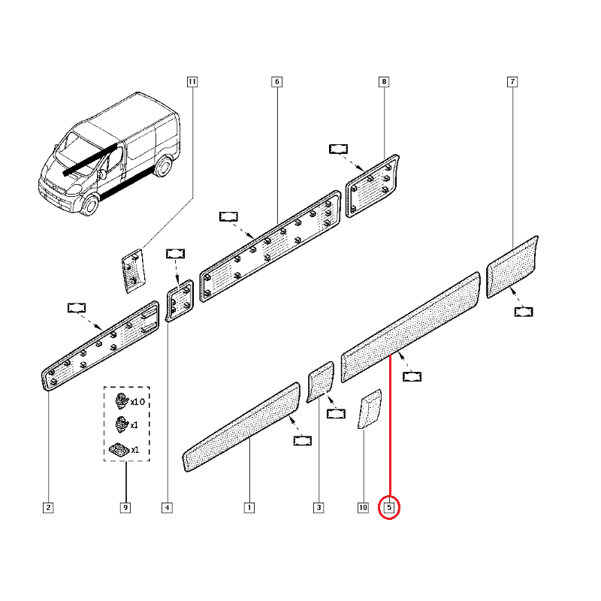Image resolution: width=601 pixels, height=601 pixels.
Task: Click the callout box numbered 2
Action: click(x=48, y=509)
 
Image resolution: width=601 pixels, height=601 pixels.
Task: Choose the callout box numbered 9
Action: click(x=125, y=509)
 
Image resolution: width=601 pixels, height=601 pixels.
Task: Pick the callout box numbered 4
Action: click(x=166, y=509)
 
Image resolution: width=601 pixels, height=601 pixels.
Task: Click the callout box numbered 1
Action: click(x=248, y=509)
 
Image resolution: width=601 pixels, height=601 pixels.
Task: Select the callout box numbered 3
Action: click(x=319, y=509)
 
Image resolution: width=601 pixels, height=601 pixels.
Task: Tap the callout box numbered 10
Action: click(x=363, y=509)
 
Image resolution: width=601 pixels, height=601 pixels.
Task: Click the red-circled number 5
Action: click(x=389, y=509)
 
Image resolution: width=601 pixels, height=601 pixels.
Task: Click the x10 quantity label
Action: click(x=136, y=402)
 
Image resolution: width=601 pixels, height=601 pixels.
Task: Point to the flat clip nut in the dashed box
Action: click(x=119, y=449)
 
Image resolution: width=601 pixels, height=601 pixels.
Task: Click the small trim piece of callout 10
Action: click(x=370, y=409)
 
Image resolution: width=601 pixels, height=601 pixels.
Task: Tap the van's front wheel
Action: click(x=89, y=205)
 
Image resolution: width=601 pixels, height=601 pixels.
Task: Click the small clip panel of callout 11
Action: click(x=131, y=268)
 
